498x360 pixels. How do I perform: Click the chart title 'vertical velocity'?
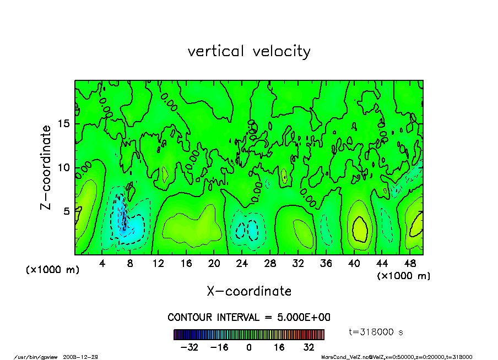(249, 51)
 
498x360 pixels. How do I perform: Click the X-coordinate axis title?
(249, 291)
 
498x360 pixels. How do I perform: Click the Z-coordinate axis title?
(46, 167)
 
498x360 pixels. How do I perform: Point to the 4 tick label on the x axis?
(102, 264)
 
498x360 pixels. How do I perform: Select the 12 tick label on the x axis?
(158, 264)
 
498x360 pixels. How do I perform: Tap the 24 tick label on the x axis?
(242, 264)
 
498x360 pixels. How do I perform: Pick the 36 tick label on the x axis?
(326, 264)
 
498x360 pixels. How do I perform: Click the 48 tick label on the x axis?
(409, 264)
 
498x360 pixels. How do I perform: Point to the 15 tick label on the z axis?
(64, 124)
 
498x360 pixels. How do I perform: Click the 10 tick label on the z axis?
(64, 167)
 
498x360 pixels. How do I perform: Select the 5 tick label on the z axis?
(67, 211)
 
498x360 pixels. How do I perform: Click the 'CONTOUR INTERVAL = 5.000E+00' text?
(249, 318)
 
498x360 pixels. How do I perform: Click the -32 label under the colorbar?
(190, 347)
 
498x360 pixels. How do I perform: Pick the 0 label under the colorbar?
(249, 347)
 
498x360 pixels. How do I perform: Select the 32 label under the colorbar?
(308, 347)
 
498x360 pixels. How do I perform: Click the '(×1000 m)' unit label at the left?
(53, 270)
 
